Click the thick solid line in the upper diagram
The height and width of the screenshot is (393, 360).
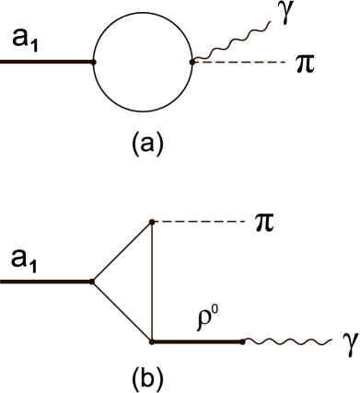pyautogui.click(x=46, y=62)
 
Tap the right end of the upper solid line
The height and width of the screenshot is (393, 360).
pyautogui.click(x=95, y=62)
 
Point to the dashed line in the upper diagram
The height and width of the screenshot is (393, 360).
pyautogui.click(x=239, y=62)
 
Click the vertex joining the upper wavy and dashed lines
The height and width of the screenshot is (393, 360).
pyautogui.click(x=192, y=62)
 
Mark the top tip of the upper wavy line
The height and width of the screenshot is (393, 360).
pyautogui.click(x=270, y=22)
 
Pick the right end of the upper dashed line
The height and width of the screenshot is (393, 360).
pyautogui.click(x=285, y=62)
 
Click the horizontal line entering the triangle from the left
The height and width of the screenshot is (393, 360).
pyautogui.click(x=46, y=282)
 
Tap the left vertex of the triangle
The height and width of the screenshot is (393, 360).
pyautogui.click(x=93, y=282)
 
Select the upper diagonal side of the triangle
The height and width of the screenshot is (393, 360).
pyautogui.click(x=122, y=251)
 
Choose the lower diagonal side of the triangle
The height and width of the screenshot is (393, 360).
pyautogui.click(x=122, y=311)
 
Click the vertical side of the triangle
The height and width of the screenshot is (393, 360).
pyautogui.click(x=152, y=282)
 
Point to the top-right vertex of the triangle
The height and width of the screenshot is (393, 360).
pyautogui.click(x=152, y=221)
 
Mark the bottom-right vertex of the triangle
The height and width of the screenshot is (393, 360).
pyautogui.click(x=152, y=341)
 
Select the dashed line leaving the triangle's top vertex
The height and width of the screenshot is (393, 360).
pyautogui.click(x=198, y=221)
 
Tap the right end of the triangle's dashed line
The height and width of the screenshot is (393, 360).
pyautogui.click(x=244, y=221)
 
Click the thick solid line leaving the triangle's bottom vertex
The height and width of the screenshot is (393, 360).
pyautogui.click(x=198, y=341)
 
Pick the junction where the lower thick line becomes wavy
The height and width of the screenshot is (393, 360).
pyautogui.click(x=243, y=341)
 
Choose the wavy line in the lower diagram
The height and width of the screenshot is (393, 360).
pyautogui.click(x=287, y=341)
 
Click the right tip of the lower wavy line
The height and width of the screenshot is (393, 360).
pyautogui.click(x=331, y=340)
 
